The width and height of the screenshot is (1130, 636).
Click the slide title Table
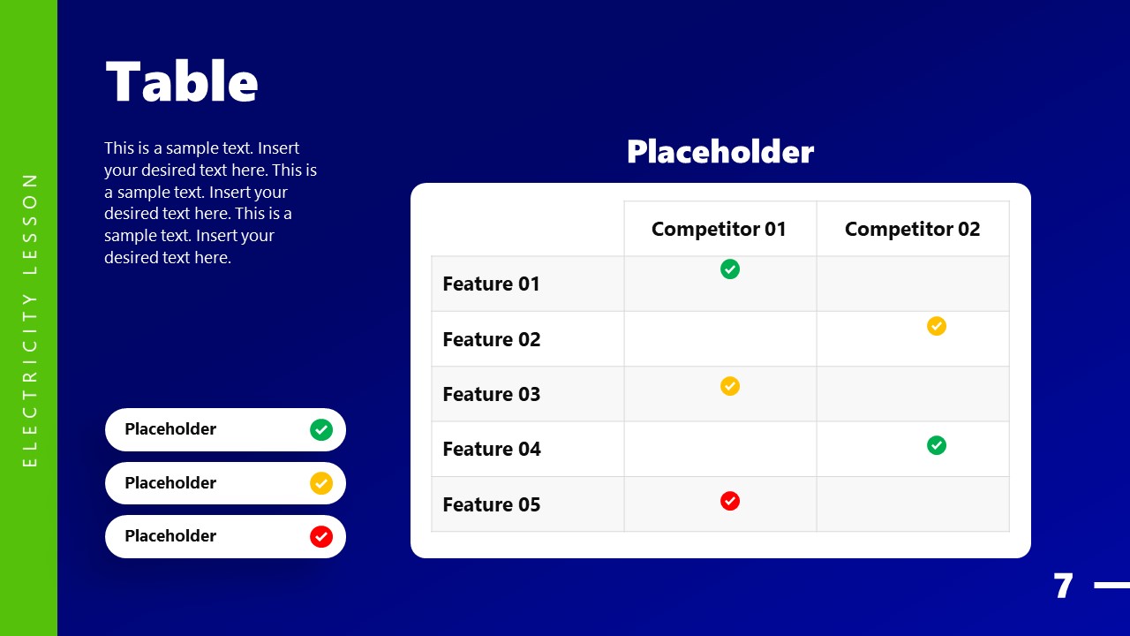[182, 82]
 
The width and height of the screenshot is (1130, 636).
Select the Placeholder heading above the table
[719, 152]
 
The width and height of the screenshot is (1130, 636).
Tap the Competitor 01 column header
[719, 229]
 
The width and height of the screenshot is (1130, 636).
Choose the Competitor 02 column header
[912, 229]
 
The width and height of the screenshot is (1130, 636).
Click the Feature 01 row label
[491, 284]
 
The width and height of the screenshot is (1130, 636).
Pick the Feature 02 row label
[491, 339]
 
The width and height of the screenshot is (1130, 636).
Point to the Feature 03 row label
[491, 394]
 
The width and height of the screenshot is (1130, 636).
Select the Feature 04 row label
[491, 449]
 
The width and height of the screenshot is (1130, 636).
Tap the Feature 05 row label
[491, 504]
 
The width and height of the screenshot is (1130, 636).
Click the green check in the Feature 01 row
[730, 269]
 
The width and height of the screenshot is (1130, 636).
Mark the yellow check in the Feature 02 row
[937, 326]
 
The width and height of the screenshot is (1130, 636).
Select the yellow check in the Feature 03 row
[730, 386]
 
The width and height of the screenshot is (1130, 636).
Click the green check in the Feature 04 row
[937, 445]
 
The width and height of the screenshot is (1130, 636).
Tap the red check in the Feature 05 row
[730, 501]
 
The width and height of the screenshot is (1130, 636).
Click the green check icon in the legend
[321, 430]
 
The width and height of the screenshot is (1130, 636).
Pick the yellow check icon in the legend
[321, 483]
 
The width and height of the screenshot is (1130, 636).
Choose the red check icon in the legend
[321, 536]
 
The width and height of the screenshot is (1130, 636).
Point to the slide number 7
[1063, 587]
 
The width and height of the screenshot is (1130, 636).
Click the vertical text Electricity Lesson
[30, 319]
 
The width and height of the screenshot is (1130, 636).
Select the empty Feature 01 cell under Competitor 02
[912, 284]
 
